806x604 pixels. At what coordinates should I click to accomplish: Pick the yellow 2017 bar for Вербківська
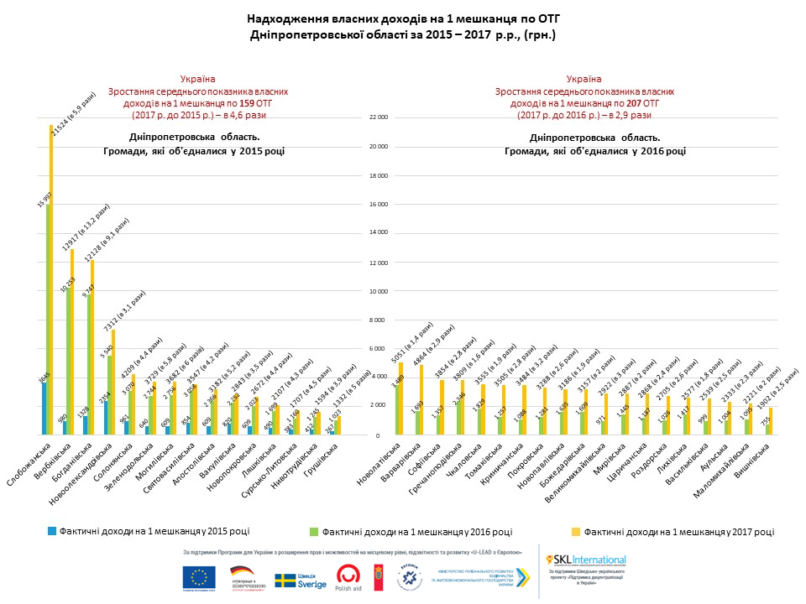coord(71,344)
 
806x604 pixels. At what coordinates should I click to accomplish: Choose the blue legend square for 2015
coord(52,530)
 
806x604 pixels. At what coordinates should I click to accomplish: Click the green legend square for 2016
coord(314,531)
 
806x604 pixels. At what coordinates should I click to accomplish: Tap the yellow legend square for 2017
coord(576,531)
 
